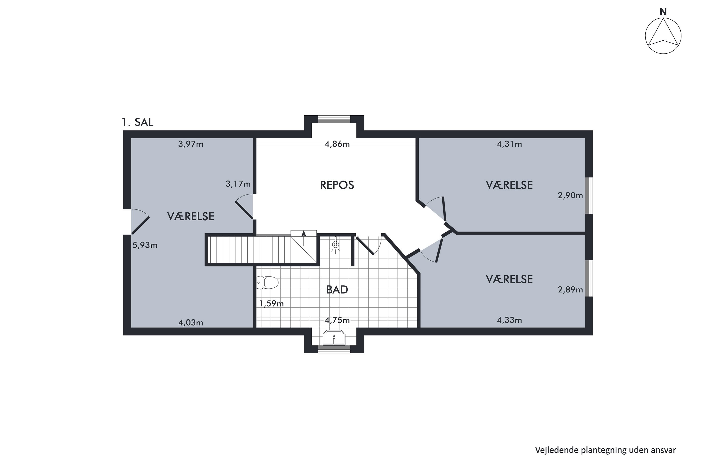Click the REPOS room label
point(337,185)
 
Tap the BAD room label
point(337,290)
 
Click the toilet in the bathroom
point(267,283)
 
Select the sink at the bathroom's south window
point(334,337)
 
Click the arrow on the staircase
point(304,238)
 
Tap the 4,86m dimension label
point(337,144)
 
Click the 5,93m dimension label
point(145,245)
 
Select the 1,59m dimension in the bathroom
point(271,304)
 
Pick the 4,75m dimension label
point(337,320)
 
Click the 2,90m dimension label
point(570,195)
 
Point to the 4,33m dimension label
point(509,320)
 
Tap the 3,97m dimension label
point(191,144)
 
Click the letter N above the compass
point(663,12)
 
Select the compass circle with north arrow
point(663,36)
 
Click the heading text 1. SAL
point(137,122)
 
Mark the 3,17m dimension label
point(238,184)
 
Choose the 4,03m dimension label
point(191,322)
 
